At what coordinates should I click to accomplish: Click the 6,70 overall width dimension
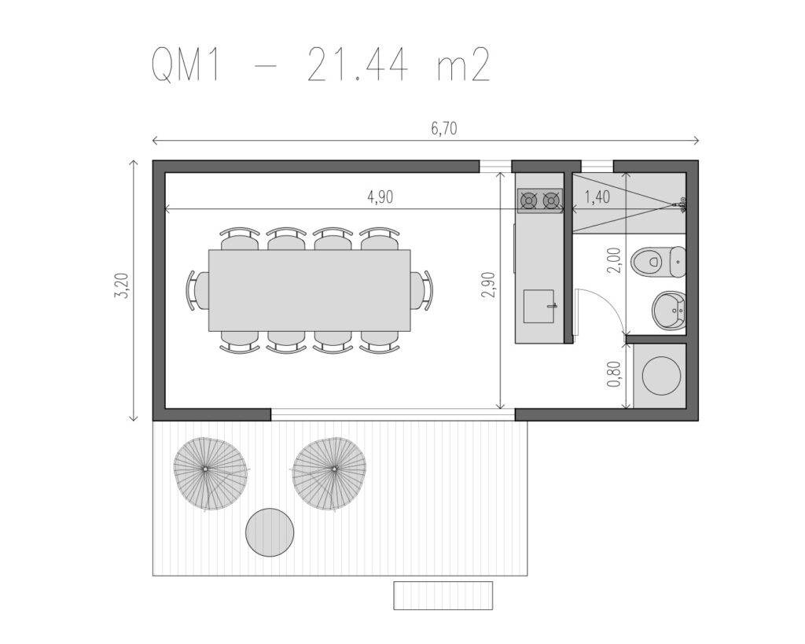click(444, 128)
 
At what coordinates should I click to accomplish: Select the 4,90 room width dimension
click(380, 197)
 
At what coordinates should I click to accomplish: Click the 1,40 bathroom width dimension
click(597, 197)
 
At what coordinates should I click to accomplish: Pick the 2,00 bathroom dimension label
click(614, 260)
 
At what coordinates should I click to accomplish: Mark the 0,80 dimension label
click(614, 374)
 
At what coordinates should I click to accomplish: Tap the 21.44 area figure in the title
click(358, 66)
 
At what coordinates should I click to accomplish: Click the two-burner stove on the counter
click(539, 201)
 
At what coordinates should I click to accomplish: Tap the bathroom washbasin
click(669, 311)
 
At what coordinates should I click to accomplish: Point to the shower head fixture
click(681, 204)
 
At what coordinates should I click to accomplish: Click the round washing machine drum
click(662, 375)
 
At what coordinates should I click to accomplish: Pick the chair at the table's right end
click(421, 290)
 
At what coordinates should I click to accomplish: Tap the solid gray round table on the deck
click(270, 532)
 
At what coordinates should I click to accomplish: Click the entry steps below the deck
click(443, 595)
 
